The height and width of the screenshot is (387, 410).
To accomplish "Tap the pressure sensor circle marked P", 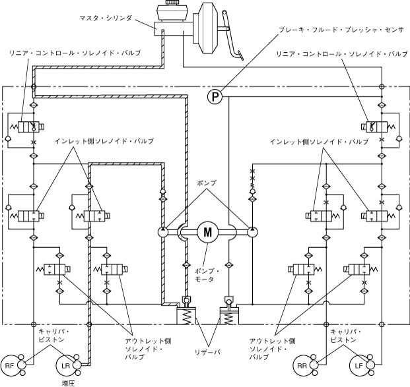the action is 215,97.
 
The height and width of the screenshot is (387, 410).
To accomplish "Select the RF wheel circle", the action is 9,366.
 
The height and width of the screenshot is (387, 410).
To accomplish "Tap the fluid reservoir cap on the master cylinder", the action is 172,3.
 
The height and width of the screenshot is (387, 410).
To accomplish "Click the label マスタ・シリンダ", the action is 106,18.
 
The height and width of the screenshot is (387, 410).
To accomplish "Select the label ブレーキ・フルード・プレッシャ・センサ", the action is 341,30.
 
